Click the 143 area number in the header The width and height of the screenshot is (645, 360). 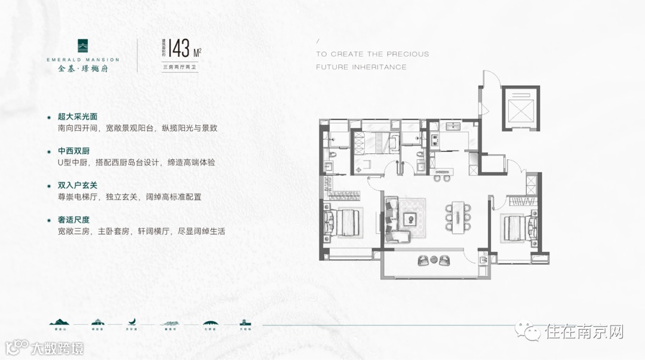pyautogui.click(x=179, y=48)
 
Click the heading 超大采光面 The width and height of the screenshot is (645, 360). pyautogui.click(x=78, y=116)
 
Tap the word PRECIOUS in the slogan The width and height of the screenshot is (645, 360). pyautogui.click(x=406, y=54)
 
